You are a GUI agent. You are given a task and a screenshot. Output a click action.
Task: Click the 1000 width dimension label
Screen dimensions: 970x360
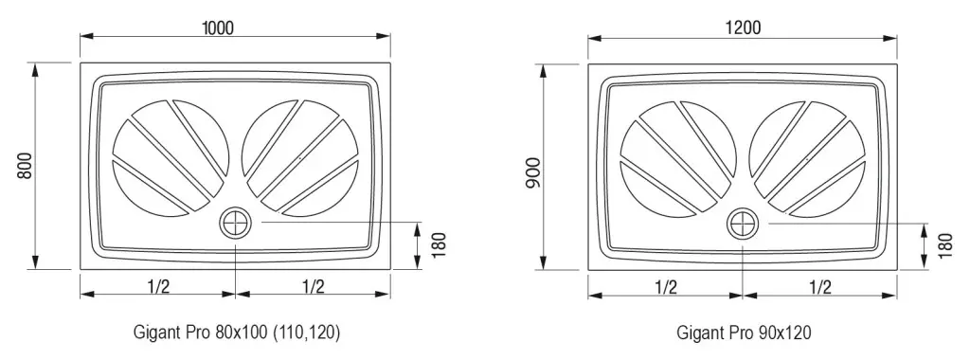[218, 27]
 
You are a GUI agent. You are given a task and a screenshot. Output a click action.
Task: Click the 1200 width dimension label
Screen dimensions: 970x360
[744, 27]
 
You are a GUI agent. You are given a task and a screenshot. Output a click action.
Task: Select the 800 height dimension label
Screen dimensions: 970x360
[24, 166]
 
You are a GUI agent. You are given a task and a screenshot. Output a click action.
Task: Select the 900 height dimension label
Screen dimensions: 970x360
[533, 173]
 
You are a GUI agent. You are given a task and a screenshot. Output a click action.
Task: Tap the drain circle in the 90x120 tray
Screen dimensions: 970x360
[743, 223]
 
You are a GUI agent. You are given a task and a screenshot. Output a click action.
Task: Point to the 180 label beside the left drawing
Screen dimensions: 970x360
[438, 245]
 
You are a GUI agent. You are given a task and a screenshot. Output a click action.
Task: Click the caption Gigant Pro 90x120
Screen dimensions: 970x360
[744, 333]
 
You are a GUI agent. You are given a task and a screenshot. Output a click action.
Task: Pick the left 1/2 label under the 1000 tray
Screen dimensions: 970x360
[158, 286]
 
